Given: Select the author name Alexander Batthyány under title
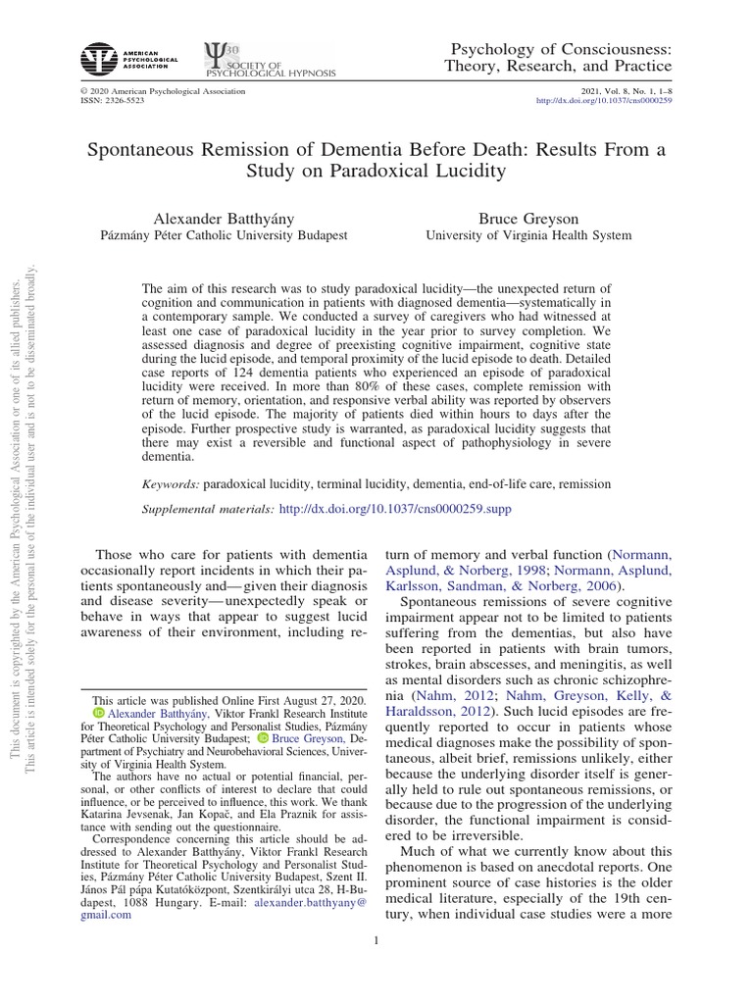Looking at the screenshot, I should click(224, 217).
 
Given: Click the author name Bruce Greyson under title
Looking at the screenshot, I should click(527, 217).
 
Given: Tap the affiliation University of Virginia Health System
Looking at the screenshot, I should click(527, 235).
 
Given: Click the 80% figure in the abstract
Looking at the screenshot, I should click(407, 387).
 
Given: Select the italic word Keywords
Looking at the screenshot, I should click(172, 484).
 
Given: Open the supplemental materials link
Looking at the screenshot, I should click(395, 510).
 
